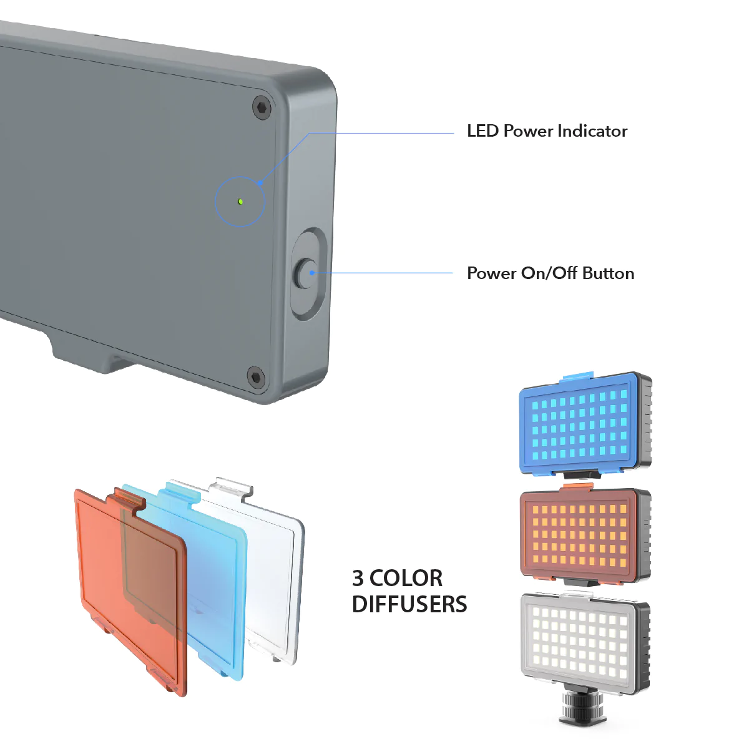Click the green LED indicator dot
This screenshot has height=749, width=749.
[240, 202]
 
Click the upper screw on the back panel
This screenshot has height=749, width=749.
[262, 107]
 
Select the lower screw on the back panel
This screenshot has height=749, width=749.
[256, 376]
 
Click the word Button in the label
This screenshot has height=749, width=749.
[609, 273]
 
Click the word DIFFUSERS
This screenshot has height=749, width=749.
[409, 604]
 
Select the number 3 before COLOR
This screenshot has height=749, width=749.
[358, 578]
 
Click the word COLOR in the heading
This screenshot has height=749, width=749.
[406, 578]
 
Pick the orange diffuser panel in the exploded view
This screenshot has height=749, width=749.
[131, 591]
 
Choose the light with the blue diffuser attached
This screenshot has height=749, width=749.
[585, 425]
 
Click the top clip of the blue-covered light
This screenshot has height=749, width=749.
[578, 376]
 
